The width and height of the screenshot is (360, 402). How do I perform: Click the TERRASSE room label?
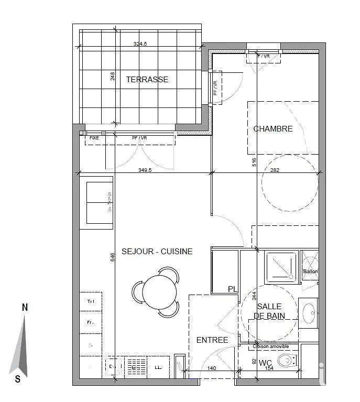pyautogui.click(x=147, y=80)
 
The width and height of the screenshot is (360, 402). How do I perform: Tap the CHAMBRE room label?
pyautogui.click(x=272, y=128)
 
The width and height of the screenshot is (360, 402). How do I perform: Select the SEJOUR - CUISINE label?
pyautogui.click(x=157, y=252)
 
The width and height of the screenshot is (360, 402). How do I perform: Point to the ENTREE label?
pyautogui.click(x=212, y=340)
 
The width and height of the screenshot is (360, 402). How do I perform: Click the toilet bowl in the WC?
pyautogui.click(x=286, y=361)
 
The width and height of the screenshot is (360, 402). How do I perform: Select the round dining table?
pyautogui.click(x=159, y=291)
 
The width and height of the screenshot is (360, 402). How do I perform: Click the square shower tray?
pyautogui.click(x=281, y=266)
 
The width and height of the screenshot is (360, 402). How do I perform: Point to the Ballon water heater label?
pyautogui.click(x=310, y=271)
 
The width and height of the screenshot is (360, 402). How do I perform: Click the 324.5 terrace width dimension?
pyautogui.click(x=140, y=45)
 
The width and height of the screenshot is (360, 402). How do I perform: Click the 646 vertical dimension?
pyautogui.click(x=112, y=257)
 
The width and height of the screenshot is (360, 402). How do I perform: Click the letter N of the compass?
pyautogui.click(x=25, y=308)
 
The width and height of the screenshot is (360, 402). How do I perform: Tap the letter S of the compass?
pyautogui.click(x=18, y=378)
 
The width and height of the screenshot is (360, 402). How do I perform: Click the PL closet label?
pyautogui.click(x=232, y=289)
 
